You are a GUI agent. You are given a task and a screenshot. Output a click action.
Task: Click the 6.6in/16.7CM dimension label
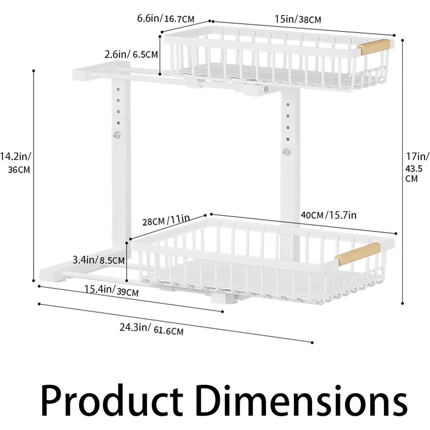166,19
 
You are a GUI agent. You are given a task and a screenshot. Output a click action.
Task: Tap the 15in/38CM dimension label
298,19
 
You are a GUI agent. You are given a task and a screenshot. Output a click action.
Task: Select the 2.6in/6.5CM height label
131,54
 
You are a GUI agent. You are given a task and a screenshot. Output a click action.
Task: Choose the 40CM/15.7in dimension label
329,215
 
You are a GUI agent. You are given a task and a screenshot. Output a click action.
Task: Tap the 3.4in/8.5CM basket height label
99,260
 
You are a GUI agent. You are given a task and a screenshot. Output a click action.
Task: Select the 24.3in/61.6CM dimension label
151,329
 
